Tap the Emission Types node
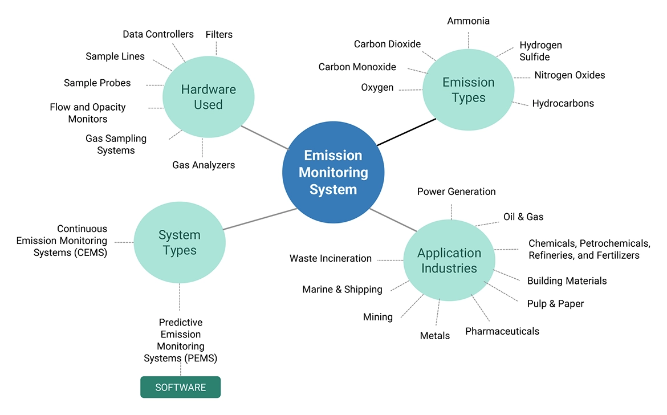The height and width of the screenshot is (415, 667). point(468,90)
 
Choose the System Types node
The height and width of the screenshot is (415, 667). point(179,242)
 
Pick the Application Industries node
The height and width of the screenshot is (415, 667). point(449,261)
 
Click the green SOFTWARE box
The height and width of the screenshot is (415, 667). point(180,387)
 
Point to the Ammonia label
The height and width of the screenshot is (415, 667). point(468,21)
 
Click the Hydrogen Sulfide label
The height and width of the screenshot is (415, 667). point(540,51)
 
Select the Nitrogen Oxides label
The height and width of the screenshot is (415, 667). point(569,75)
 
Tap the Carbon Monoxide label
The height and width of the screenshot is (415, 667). point(357,67)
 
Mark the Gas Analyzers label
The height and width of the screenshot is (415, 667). point(204,165)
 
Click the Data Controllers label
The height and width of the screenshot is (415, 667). point(158,34)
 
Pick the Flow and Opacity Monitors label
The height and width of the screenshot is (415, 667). point(87,113)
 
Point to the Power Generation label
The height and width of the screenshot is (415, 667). point(456,192)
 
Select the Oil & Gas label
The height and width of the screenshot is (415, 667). point(523,217)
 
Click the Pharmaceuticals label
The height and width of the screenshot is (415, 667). point(502,331)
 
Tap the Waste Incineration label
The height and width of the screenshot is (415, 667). point(330,258)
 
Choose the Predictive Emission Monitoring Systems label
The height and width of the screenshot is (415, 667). point(180,340)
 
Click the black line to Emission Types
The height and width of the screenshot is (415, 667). point(406,132)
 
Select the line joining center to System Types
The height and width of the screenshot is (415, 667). point(260,219)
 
